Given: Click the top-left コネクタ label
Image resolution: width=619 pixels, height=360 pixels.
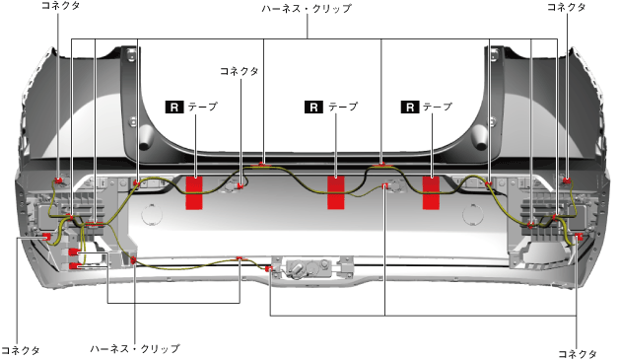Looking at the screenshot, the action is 60,6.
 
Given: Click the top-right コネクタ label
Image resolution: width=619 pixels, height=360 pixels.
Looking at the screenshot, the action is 566,7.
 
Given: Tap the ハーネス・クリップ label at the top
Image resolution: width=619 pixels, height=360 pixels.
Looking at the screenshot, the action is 307,8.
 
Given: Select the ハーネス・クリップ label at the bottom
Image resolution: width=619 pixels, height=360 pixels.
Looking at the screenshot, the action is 135,348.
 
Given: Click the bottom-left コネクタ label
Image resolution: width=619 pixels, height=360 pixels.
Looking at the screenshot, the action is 21,350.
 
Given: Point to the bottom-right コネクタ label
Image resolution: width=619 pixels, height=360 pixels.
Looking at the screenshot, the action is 578,354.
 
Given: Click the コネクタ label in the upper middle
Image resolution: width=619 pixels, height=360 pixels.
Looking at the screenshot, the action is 240,71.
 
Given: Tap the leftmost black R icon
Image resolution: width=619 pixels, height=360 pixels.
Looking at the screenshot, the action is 174,108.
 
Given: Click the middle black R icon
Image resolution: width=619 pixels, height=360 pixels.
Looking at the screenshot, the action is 313,108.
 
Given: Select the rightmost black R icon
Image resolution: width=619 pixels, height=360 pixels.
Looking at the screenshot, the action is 410,108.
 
